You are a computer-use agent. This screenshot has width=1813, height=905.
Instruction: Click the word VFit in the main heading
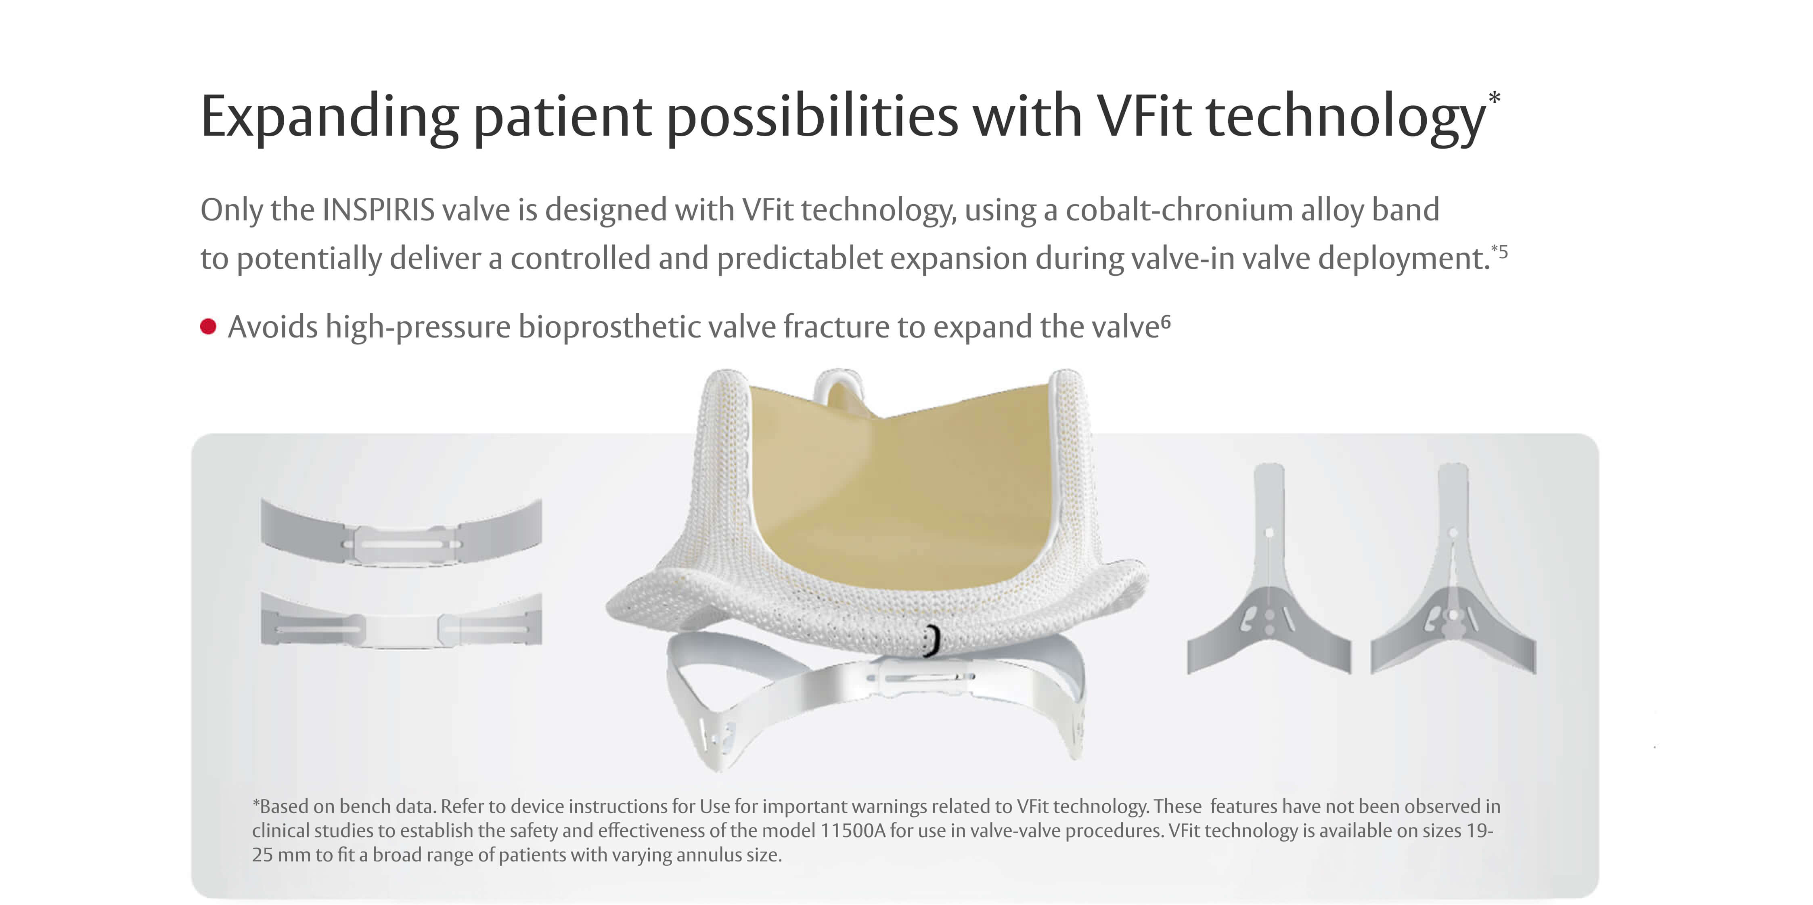(1144, 116)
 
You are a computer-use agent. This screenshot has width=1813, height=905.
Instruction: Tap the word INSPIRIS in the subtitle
(379, 210)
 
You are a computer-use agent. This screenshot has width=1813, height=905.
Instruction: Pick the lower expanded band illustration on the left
(401, 621)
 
